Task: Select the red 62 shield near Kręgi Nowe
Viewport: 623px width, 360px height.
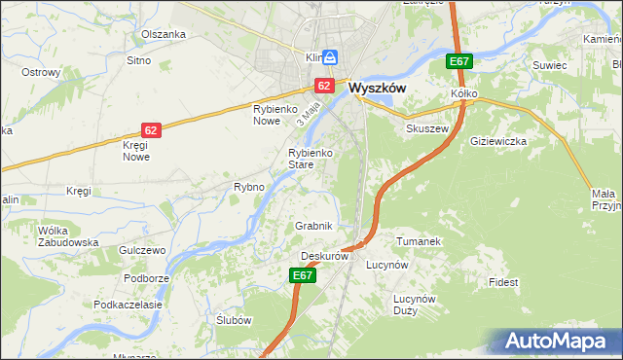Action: click(150, 129)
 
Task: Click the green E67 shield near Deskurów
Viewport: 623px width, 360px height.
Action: click(303, 276)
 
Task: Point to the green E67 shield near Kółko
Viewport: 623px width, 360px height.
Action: click(459, 62)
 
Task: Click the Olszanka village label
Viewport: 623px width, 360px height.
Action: click(163, 34)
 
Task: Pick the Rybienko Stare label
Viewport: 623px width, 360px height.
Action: click(311, 159)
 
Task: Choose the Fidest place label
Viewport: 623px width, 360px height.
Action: click(504, 282)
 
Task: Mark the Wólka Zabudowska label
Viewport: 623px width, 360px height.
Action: click(67, 236)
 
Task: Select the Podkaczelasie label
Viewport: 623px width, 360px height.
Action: click(128, 305)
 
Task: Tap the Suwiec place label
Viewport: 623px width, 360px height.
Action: click(549, 64)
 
